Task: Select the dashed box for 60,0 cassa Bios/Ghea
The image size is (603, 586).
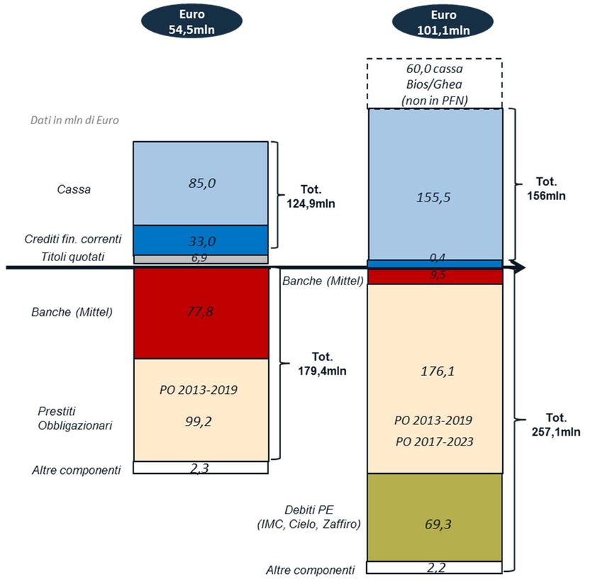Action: [x=434, y=84]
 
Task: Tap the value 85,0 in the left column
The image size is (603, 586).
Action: [x=201, y=183]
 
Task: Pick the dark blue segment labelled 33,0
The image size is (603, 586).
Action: [x=201, y=239]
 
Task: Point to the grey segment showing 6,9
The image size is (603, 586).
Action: [x=201, y=258]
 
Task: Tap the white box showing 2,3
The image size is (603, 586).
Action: [x=201, y=468]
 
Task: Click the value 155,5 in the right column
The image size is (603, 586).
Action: [x=434, y=197]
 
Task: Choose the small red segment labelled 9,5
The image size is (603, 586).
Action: [x=434, y=275]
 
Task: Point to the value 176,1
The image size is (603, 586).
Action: [x=434, y=370]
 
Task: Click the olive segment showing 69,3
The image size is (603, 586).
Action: [x=434, y=524]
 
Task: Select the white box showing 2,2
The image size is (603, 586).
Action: [x=434, y=568]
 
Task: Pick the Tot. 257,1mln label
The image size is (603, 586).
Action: [x=555, y=424]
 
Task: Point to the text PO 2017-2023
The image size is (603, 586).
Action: [x=434, y=441]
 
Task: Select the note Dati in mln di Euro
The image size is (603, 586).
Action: [x=74, y=120]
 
